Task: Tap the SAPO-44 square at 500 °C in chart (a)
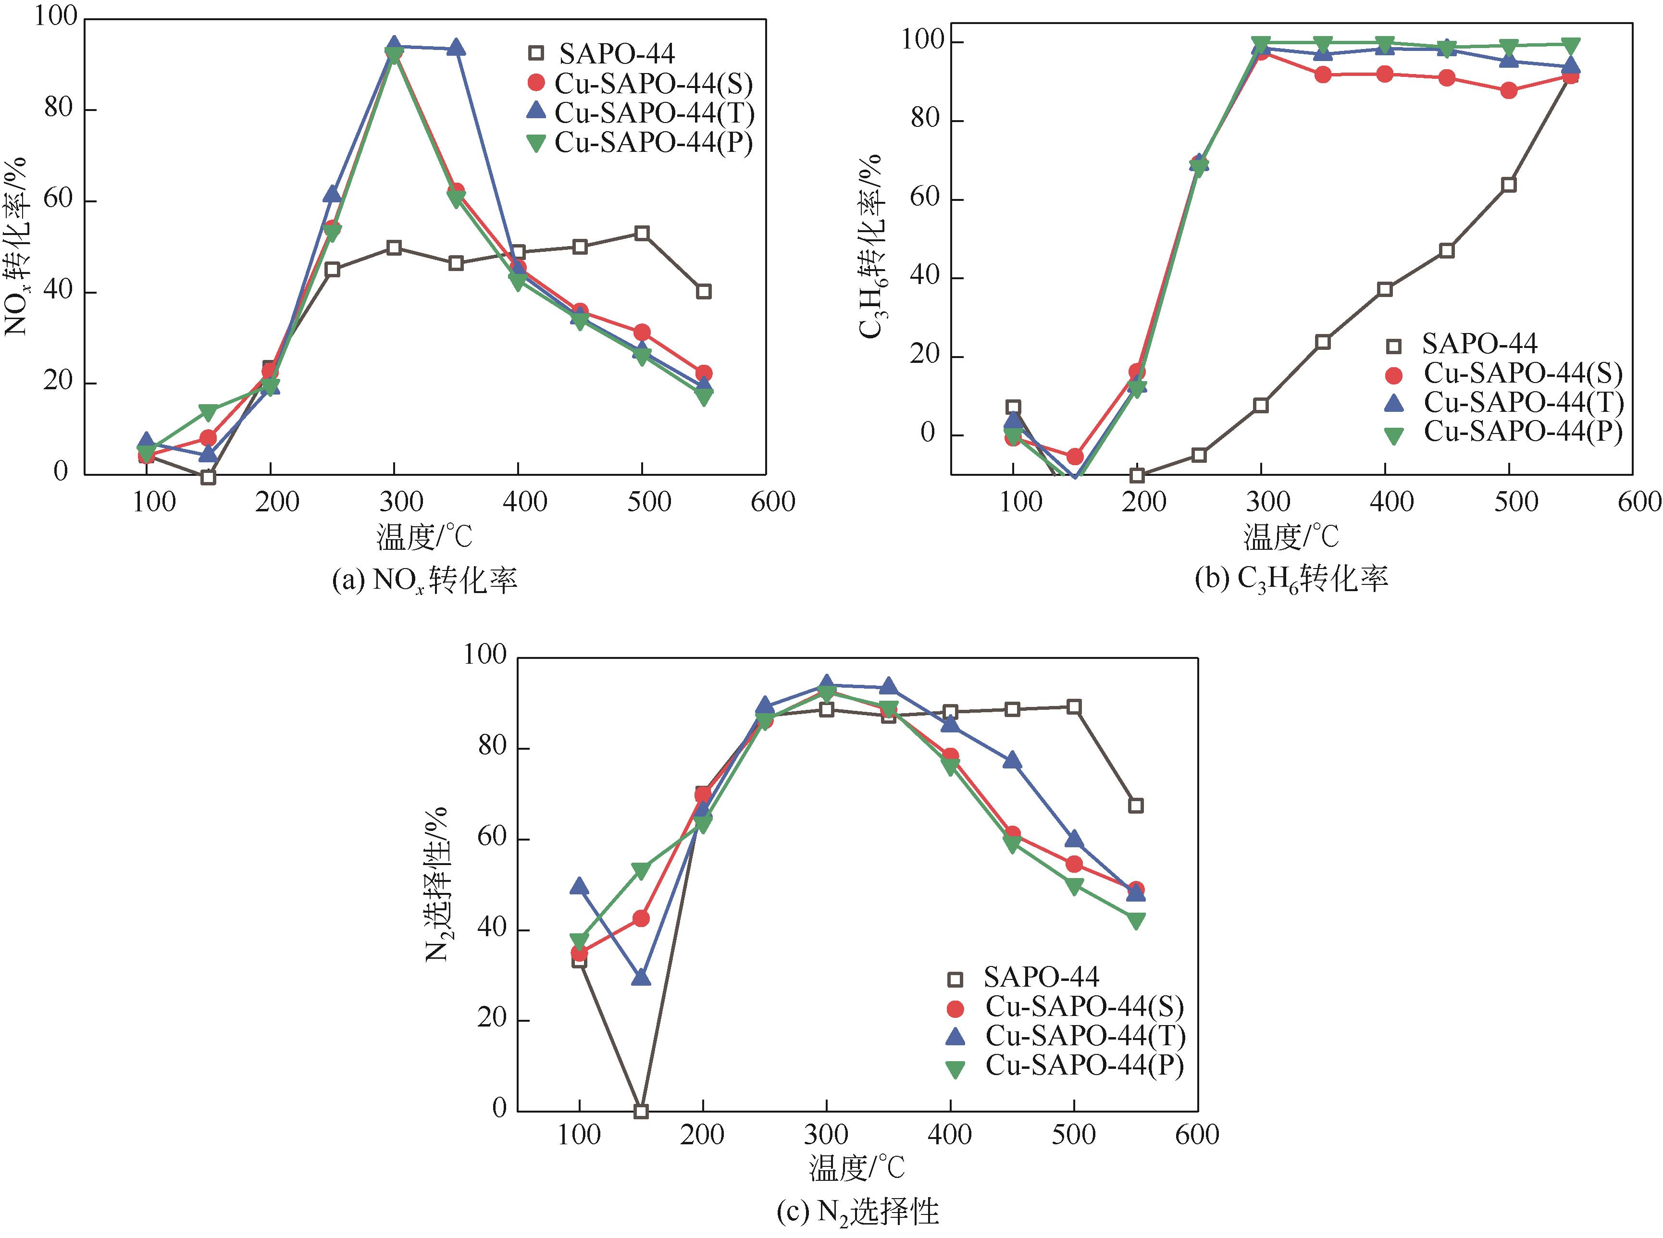pos(642,233)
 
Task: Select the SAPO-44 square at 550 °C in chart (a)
pos(703,292)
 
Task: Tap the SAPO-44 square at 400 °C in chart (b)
pos(1384,289)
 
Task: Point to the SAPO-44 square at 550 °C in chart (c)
pos(1135,805)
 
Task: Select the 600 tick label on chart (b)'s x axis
pos(1639,501)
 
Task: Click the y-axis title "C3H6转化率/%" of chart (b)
pos(871,248)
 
